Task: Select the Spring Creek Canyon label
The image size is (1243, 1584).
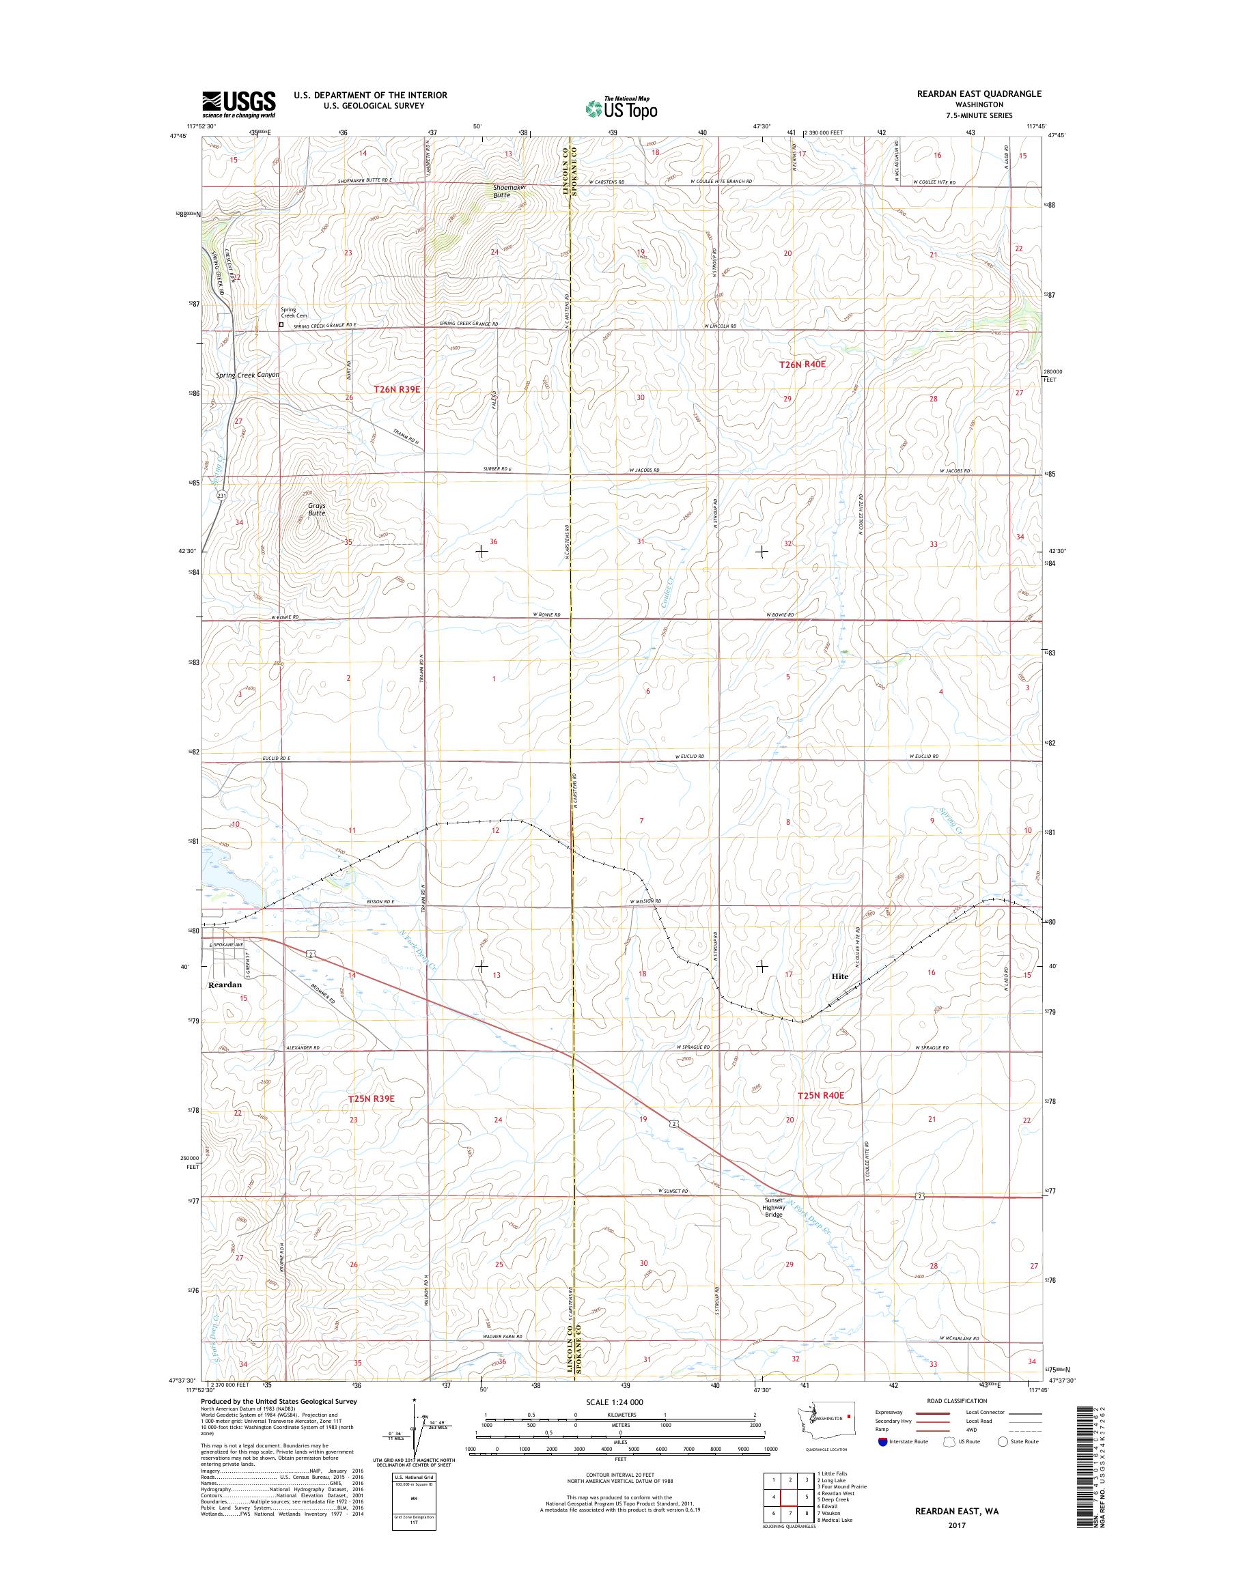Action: pos(247,375)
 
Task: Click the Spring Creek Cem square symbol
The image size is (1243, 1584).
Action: pos(281,325)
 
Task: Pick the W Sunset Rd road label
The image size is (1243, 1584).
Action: pos(673,1191)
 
